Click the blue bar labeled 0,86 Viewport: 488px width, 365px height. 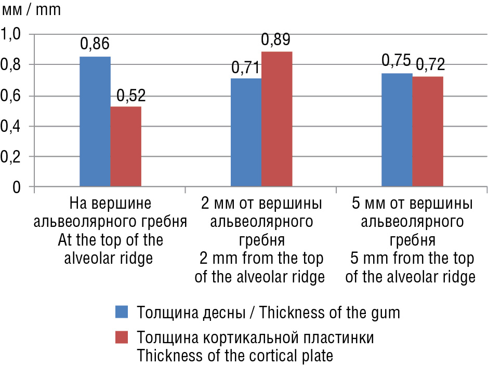click(x=95, y=121)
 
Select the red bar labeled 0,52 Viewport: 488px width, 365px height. click(x=125, y=146)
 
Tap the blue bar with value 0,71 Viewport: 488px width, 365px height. click(x=246, y=132)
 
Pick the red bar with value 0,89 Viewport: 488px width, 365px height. click(x=276, y=119)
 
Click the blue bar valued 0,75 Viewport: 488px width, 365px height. click(x=397, y=130)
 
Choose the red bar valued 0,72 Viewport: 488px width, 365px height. click(x=427, y=131)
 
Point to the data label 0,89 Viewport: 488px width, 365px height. click(x=275, y=40)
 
